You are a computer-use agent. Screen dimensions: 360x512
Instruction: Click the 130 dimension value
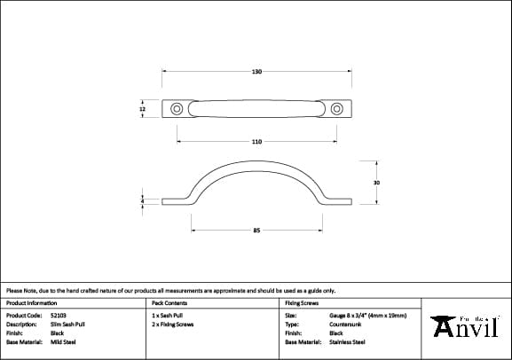click(x=256, y=71)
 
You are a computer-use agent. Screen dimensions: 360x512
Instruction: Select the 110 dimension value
click(x=256, y=142)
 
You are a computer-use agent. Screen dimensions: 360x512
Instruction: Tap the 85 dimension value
click(x=256, y=231)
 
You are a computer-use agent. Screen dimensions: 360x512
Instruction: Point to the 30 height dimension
click(x=376, y=182)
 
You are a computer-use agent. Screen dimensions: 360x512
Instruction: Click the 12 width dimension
click(x=142, y=110)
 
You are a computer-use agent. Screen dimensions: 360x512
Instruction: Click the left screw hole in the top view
click(x=178, y=109)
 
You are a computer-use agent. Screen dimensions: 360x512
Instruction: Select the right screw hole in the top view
click(x=335, y=109)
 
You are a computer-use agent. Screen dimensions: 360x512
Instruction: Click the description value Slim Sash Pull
click(x=68, y=324)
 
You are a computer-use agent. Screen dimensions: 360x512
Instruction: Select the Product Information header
click(x=31, y=303)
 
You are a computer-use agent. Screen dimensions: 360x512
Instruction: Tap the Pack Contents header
click(x=169, y=303)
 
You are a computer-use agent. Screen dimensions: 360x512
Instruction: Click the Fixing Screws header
click(x=302, y=303)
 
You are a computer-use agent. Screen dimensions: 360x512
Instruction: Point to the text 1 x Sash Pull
click(x=169, y=315)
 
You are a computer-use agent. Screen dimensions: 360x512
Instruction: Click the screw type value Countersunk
click(x=344, y=324)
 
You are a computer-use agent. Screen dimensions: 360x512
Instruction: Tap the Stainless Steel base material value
click(x=346, y=341)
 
